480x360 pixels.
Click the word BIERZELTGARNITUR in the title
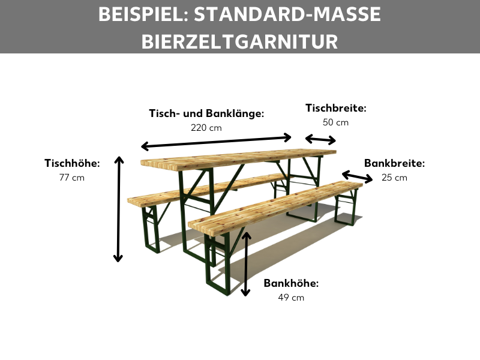[240, 40]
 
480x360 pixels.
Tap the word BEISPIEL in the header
[139, 14]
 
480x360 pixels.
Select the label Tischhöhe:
[72, 163]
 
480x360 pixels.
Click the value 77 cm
[72, 178]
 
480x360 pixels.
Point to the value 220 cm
[206, 127]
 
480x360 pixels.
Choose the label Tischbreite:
[335, 108]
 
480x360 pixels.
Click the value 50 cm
[335, 122]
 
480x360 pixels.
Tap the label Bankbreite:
[394, 163]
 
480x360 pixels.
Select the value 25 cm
[394, 178]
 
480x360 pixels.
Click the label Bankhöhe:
[291, 283]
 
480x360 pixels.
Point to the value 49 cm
[291, 298]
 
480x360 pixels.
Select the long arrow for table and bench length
[216, 142]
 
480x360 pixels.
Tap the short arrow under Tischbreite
[320, 140]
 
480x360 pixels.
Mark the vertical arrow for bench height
[245, 264]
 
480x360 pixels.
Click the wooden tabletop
[240, 158]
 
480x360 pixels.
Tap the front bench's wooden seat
[276, 204]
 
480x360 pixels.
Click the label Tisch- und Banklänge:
[206, 113]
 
